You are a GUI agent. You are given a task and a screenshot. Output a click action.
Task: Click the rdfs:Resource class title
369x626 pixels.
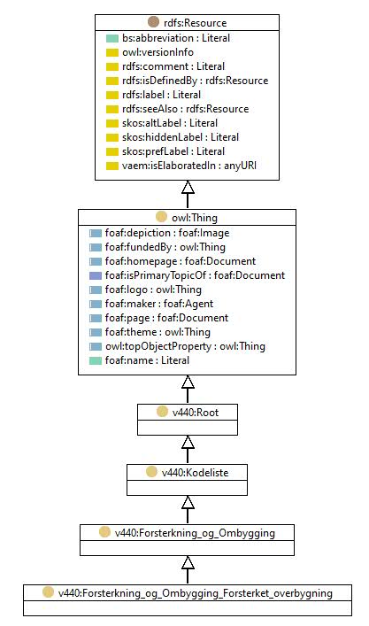click(195, 23)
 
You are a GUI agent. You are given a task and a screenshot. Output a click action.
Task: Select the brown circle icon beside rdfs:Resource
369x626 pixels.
click(153, 21)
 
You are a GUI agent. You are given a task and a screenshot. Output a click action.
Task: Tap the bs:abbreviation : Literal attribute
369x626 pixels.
click(176, 38)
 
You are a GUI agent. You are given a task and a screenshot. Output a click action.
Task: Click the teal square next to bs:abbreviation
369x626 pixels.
click(112, 38)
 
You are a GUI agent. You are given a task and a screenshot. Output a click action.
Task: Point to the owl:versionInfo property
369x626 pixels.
click(158, 52)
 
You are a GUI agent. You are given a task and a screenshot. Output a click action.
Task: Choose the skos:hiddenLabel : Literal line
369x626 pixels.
click(181, 137)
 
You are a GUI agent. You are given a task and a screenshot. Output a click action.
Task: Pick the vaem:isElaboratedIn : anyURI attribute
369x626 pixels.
click(189, 166)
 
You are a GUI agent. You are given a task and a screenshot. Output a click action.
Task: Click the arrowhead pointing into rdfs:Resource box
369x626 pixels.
click(188, 187)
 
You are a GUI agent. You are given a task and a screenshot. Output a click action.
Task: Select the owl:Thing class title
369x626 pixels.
click(195, 218)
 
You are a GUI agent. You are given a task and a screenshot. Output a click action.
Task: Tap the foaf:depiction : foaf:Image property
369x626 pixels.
click(167, 233)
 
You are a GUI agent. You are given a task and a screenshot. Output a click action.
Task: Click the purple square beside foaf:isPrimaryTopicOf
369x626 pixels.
click(96, 275)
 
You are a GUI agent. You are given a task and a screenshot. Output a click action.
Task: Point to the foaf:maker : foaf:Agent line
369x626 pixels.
click(159, 304)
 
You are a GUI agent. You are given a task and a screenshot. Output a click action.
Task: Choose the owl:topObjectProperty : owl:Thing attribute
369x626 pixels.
click(185, 346)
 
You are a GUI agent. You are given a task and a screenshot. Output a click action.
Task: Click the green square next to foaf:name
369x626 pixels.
click(96, 360)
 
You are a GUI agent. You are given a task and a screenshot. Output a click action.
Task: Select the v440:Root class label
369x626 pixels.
click(195, 413)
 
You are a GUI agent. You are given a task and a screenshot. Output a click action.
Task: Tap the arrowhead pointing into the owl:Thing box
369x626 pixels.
click(188, 383)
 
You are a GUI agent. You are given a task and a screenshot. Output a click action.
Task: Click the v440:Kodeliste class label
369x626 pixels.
click(195, 473)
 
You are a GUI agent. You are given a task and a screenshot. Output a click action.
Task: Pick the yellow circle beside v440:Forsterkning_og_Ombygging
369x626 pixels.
click(104, 532)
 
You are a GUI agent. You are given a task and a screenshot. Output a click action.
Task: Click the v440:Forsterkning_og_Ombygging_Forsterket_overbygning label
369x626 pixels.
click(195, 593)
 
